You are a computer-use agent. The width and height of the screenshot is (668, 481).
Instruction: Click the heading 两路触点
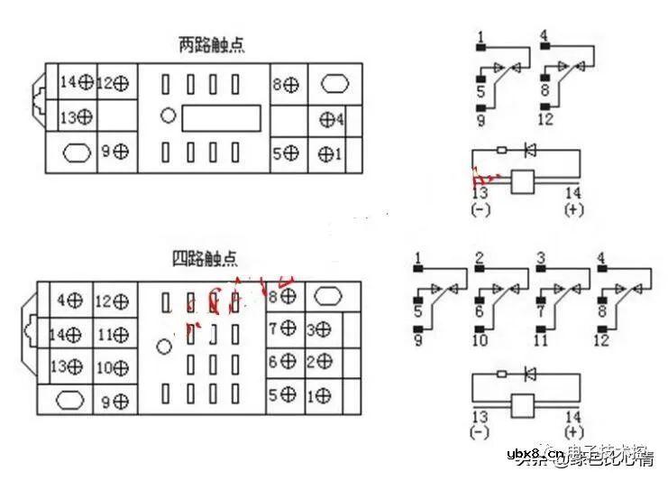(x=212, y=44)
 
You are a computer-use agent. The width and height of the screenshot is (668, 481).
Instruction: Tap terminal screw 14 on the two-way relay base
(x=87, y=82)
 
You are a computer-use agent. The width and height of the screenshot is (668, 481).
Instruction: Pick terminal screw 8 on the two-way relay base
(x=290, y=85)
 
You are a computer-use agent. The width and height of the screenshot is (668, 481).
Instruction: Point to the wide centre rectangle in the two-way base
(x=221, y=118)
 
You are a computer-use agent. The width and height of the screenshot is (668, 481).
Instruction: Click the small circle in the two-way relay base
(x=168, y=116)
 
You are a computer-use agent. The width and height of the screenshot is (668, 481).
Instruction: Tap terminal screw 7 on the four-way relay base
(x=288, y=328)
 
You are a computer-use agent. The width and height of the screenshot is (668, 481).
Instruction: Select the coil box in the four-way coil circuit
(x=523, y=405)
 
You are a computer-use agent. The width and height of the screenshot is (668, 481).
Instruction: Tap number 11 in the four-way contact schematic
(x=540, y=341)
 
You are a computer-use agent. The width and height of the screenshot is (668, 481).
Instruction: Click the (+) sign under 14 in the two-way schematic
(x=573, y=209)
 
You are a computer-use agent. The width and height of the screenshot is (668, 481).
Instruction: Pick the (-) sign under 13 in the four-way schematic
(x=478, y=432)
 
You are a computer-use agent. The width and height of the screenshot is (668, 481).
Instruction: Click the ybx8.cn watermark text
(x=535, y=453)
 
